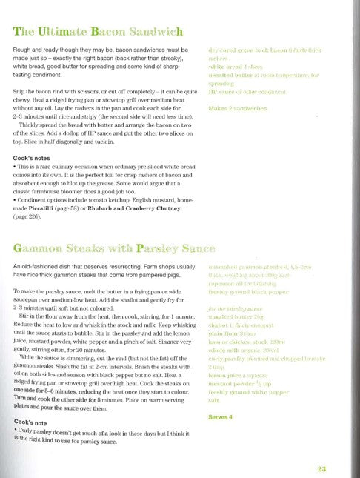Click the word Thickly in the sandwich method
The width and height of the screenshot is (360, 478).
point(36,125)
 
